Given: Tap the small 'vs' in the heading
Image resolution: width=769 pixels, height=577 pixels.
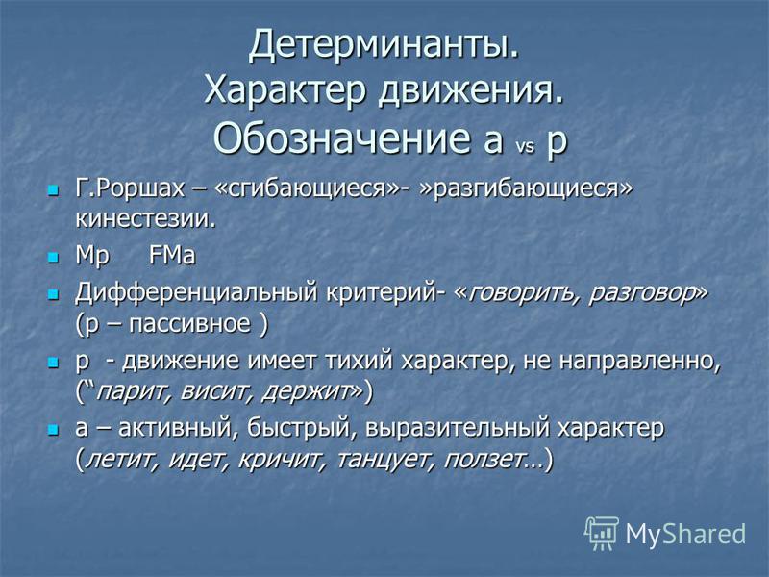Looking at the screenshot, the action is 525,146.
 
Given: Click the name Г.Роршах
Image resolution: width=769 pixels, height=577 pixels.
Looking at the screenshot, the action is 130,188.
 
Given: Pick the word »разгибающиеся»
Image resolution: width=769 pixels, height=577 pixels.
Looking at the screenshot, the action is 526,189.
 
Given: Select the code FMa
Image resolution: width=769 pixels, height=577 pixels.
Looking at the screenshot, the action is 172,256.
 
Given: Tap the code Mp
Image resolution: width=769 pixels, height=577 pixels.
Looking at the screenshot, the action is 92,257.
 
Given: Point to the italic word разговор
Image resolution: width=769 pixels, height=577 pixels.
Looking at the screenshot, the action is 641,293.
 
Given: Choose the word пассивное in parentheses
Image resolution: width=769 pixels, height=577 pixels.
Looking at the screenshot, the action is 189,324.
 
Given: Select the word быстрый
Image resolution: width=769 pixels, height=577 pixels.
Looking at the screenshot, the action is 298,428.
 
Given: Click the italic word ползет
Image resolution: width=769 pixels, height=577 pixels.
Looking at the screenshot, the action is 483,461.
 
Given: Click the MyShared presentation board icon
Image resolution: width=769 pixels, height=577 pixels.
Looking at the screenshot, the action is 601,533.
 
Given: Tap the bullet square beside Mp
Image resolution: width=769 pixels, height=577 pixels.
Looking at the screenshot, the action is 53,257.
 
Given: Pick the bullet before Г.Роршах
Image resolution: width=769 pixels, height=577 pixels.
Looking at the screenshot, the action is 53,189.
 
